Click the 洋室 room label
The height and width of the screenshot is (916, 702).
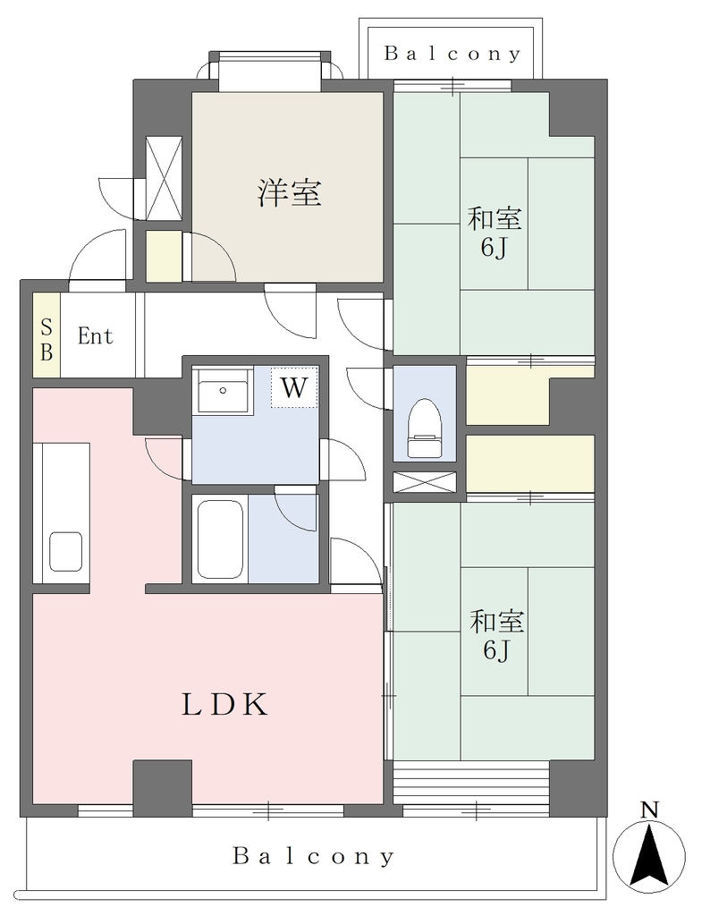point(290,192)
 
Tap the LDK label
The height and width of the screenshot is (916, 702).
point(224,704)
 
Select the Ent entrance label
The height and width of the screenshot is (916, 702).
point(95,336)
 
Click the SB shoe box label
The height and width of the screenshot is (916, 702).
point(47,339)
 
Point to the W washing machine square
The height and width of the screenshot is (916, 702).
point(294,386)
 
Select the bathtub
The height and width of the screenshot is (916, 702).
point(220,539)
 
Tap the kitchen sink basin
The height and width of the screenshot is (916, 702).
point(65,551)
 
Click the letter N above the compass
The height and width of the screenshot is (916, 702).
point(649,810)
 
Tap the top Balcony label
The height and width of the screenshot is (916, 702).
point(452,55)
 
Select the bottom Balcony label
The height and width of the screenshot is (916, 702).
point(314,856)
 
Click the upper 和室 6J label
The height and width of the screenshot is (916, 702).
point(495,233)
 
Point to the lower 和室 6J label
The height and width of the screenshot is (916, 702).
point(496,634)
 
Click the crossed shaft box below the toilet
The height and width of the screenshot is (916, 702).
point(424,482)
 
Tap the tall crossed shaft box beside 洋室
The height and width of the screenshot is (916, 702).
point(164,178)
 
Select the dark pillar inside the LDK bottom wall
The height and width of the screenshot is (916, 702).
point(163,782)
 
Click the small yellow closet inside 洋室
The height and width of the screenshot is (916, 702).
point(164,257)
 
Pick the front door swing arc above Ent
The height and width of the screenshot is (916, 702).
point(97,256)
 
